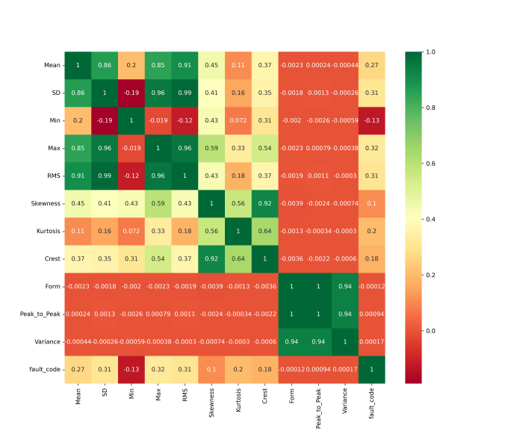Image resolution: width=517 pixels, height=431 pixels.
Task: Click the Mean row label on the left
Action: point(52,66)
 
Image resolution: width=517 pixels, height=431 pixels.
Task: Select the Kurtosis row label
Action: point(48,231)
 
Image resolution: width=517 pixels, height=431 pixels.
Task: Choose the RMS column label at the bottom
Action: point(184,396)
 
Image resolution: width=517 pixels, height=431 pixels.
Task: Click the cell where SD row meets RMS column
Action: point(184,93)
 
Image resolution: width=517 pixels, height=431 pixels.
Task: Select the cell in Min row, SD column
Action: point(104,121)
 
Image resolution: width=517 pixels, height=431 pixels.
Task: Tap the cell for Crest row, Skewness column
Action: point(211,258)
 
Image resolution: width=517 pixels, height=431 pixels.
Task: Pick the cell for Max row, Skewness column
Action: point(211,149)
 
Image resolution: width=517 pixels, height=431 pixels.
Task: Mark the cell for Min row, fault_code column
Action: point(371,121)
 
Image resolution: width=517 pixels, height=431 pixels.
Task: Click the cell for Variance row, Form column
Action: point(291,341)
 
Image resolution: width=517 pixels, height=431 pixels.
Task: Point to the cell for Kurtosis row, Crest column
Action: point(264,231)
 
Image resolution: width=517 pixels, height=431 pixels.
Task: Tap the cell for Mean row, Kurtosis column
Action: point(238,66)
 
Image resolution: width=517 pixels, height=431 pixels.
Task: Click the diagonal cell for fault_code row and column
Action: point(371,369)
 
